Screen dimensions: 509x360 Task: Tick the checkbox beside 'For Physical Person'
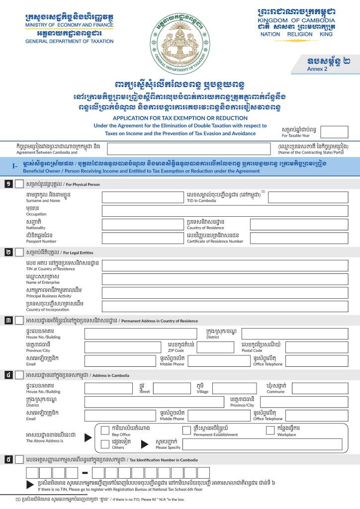[x=19, y=184]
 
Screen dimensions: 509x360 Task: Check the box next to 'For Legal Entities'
[x=19, y=252]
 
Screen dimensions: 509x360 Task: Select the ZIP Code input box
[x=215, y=347]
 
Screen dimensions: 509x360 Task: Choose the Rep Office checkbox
[x=105, y=430]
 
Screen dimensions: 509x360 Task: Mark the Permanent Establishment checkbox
[x=186, y=430]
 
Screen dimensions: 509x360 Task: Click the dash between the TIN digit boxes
[x=84, y=473]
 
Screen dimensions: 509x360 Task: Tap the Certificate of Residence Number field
[x=299, y=238]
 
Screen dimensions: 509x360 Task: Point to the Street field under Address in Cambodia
[x=172, y=388]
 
